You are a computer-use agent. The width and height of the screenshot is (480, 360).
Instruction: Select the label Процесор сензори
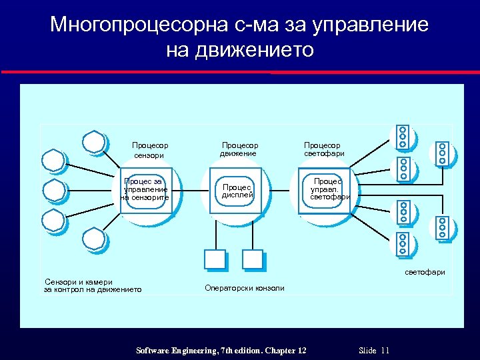[150, 150]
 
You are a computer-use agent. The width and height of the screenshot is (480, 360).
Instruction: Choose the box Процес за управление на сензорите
[146, 190]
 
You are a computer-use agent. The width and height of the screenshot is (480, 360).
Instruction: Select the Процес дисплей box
[237, 191]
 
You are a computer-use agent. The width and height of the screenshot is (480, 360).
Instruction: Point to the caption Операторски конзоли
[244, 288]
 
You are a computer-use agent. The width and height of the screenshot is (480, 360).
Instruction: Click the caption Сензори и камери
[79, 281]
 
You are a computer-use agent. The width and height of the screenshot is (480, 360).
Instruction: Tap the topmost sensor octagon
[95, 141]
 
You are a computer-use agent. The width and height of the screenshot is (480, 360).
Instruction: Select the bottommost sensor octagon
[94, 239]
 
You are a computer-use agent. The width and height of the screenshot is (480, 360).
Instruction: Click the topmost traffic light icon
[402, 136]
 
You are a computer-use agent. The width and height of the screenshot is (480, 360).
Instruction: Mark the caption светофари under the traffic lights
[425, 272]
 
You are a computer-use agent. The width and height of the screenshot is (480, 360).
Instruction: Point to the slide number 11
[385, 351]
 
